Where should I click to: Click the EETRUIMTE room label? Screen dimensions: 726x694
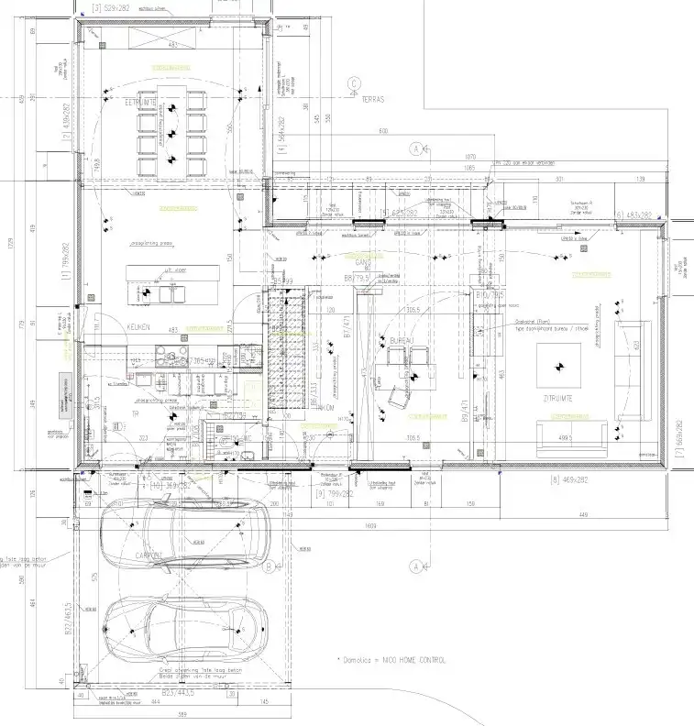pyautogui.click(x=141, y=103)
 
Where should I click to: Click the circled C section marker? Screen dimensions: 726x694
pyautogui.click(x=352, y=85)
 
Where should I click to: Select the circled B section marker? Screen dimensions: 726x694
pyautogui.click(x=267, y=566)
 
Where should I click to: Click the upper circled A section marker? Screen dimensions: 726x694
pyautogui.click(x=416, y=148)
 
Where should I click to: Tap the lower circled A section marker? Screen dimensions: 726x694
pyautogui.click(x=416, y=566)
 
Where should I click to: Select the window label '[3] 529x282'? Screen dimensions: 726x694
pyautogui.click(x=100, y=6)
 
